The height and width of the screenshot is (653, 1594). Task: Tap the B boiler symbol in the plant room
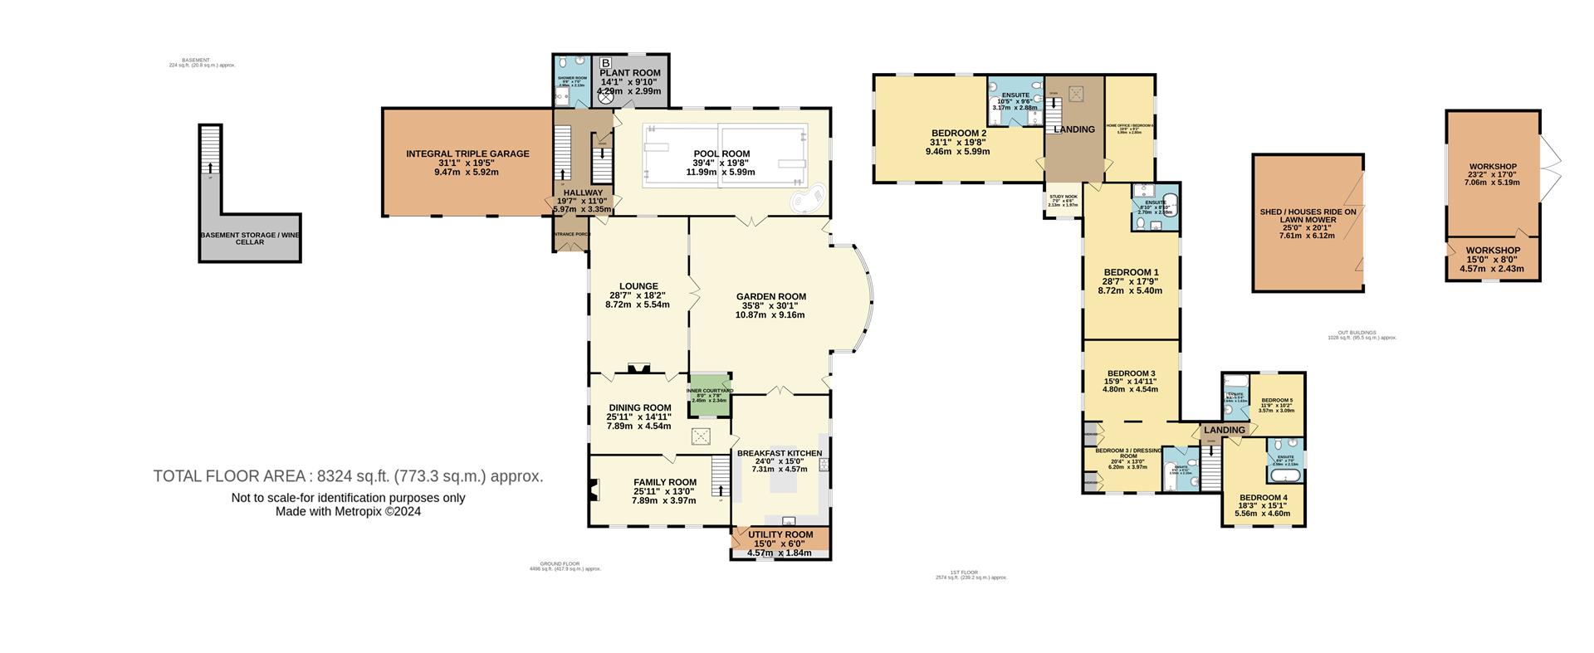click(605, 63)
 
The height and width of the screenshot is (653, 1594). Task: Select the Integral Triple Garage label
click(467, 154)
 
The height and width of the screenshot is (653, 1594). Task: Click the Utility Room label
click(780, 534)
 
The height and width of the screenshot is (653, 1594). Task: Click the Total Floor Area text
click(348, 476)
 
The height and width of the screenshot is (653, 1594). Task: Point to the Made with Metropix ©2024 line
click(348, 512)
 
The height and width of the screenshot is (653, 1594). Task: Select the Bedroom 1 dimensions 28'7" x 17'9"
click(1130, 281)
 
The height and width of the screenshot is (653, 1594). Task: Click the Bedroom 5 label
click(1276, 401)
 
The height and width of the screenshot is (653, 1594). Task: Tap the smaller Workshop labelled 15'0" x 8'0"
click(1492, 259)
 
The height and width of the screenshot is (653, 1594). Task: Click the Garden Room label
click(770, 296)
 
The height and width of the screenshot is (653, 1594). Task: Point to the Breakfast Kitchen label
click(779, 453)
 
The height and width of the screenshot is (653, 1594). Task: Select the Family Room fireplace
click(594, 490)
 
